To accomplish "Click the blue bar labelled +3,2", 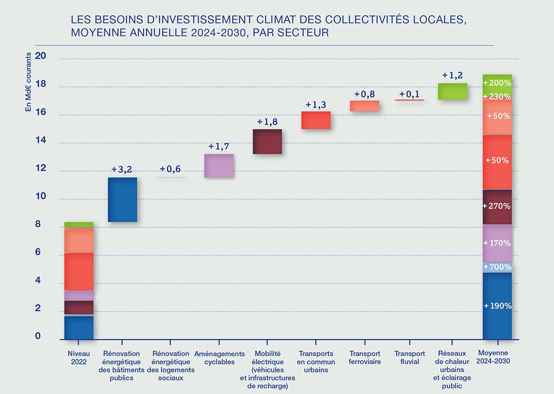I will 122,199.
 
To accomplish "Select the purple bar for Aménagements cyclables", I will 219,166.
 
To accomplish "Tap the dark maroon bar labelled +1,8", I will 267,142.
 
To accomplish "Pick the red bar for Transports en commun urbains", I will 316,120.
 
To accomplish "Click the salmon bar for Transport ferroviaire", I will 364,106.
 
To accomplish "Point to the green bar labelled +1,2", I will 452,91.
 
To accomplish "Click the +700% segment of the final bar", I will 497,267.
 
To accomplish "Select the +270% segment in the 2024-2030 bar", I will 497,206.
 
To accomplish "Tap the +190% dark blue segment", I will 497,305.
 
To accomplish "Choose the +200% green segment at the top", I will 497,83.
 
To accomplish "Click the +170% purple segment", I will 497,243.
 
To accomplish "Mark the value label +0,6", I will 170,169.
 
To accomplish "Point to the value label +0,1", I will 409,94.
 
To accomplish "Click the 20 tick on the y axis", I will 41,56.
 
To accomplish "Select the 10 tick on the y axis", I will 41,197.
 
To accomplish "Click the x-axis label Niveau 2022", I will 79,357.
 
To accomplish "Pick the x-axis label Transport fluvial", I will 410,357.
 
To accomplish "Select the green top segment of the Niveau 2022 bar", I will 79,224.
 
